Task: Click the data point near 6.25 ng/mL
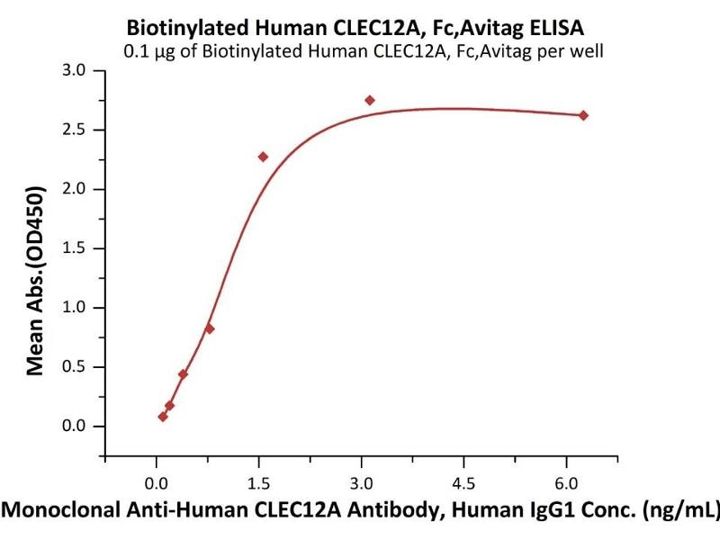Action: pos(583,115)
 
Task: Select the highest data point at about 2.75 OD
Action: pos(370,100)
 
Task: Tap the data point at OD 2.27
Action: pos(263,157)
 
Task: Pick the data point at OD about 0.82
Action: pos(210,328)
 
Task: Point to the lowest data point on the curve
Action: pos(163,417)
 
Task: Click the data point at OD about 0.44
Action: pos(183,373)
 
